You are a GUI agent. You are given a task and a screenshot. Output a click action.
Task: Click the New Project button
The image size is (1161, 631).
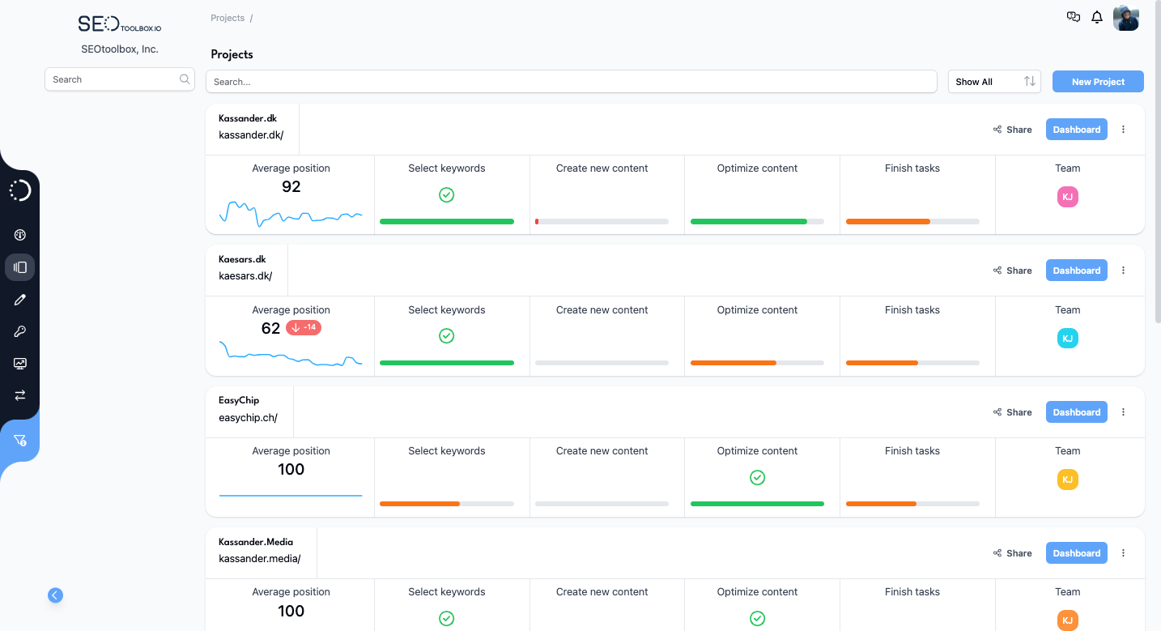pos(1098,82)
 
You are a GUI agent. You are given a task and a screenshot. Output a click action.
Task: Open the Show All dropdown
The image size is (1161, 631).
pos(994,82)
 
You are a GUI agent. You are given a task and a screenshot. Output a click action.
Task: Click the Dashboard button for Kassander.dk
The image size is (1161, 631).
pos(1076,130)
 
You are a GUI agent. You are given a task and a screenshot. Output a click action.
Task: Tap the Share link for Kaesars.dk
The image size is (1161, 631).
pos(1013,271)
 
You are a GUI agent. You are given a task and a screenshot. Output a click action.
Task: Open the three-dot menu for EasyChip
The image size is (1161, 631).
pos(1123,412)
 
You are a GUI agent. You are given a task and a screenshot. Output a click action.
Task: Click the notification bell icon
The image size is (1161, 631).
pos(1097,17)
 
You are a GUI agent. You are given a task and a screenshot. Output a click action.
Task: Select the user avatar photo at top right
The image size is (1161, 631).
pos(1125,18)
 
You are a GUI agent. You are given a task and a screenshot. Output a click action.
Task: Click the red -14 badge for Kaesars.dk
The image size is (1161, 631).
pos(304,328)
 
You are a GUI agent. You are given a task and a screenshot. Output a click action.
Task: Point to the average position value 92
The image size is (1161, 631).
pos(291,187)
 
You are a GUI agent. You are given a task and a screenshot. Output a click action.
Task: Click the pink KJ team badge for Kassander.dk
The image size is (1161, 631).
pos(1067,197)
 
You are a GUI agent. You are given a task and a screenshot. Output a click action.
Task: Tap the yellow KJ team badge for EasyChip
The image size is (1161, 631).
pos(1067,480)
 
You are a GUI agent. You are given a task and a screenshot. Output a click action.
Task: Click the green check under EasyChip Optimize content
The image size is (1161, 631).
pos(757,478)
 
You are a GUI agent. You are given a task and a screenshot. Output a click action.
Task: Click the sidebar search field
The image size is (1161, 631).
pos(113,79)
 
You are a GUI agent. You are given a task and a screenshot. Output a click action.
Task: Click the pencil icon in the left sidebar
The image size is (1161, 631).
pos(20,300)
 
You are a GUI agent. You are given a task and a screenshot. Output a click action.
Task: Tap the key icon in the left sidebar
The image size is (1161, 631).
pos(20,331)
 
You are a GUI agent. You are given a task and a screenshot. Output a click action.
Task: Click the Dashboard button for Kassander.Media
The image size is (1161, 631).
pos(1076,553)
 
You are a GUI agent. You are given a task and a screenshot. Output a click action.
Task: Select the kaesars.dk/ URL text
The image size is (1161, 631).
pos(245,276)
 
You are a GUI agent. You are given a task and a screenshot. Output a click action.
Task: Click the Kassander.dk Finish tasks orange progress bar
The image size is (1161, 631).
pos(888,221)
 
